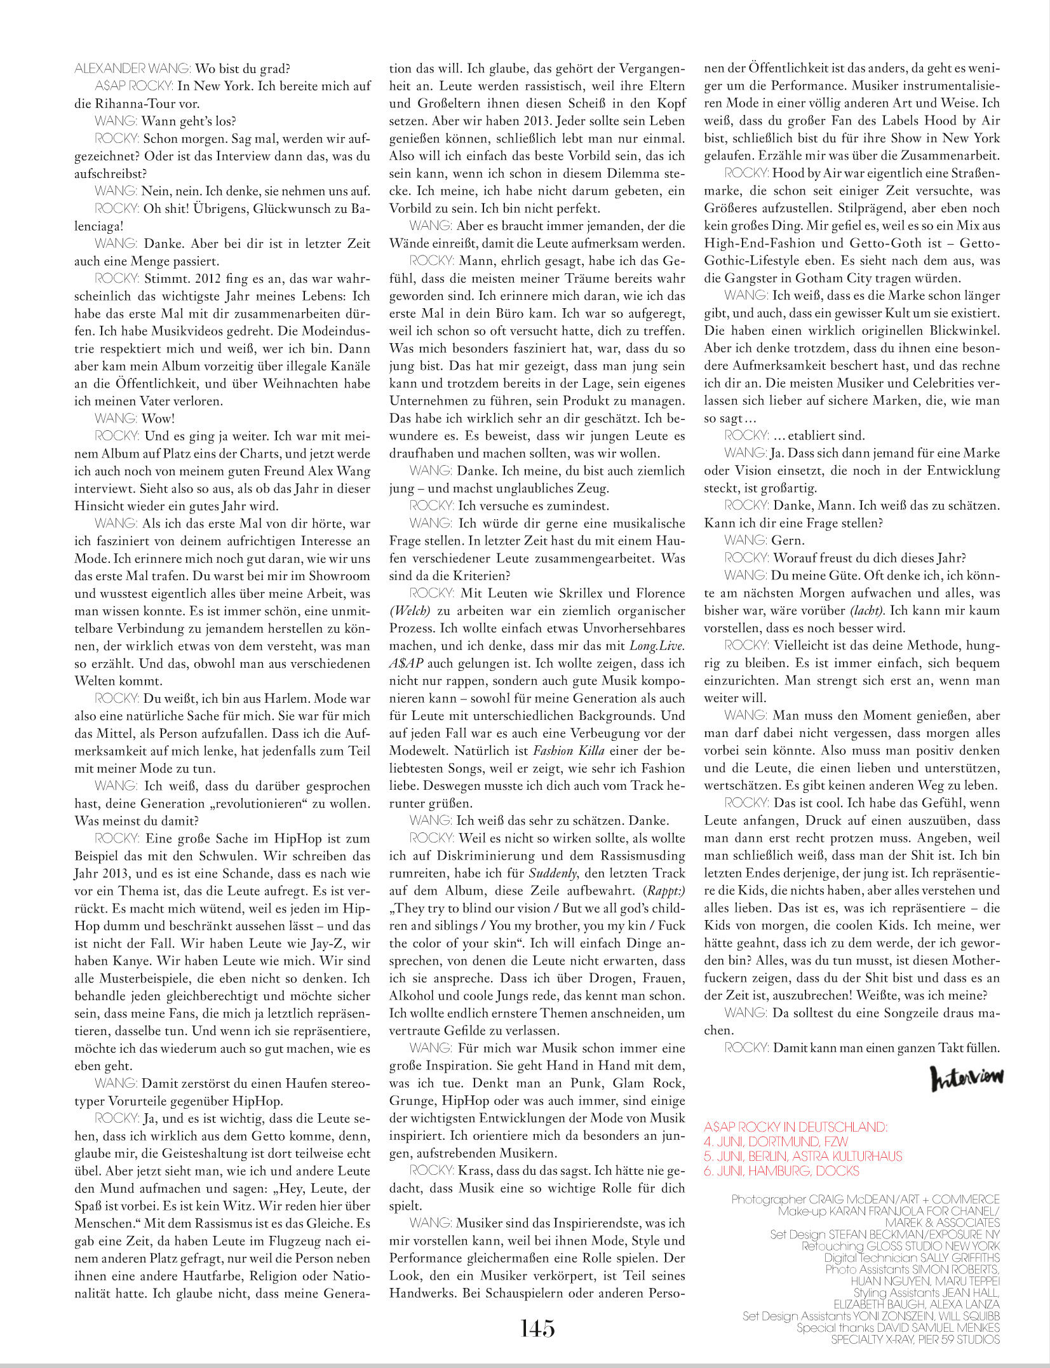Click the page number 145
[x=537, y=1328]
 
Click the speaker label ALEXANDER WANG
[x=132, y=69]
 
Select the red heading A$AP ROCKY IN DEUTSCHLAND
[x=795, y=1127]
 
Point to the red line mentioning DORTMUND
[x=776, y=1141]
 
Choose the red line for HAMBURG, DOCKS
[x=781, y=1170]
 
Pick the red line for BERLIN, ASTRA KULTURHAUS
[x=803, y=1156]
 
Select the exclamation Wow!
[x=158, y=418]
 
